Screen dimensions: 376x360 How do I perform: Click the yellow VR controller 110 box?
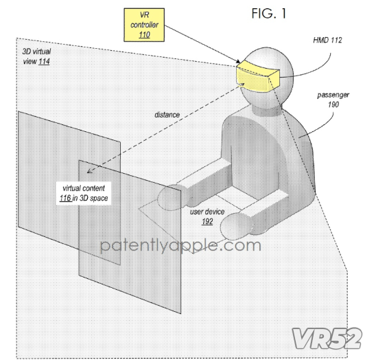click(144, 25)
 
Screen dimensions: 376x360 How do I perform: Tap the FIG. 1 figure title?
click(269, 14)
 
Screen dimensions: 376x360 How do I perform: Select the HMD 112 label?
click(327, 40)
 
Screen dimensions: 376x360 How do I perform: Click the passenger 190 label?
click(333, 100)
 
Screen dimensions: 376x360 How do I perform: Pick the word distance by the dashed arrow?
click(167, 115)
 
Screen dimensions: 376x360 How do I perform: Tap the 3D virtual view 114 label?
click(36, 56)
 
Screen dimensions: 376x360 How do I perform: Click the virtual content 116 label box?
click(84, 193)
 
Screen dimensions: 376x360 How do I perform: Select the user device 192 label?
click(207, 216)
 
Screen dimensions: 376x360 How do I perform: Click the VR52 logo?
click(327, 338)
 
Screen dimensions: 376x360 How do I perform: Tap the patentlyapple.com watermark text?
click(180, 246)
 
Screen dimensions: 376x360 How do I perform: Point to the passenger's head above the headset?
click(270, 58)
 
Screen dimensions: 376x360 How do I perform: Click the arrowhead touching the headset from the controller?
click(237, 61)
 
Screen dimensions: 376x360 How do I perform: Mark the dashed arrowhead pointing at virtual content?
click(89, 171)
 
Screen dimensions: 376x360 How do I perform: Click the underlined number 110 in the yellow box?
click(144, 35)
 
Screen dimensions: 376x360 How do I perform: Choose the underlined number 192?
click(207, 221)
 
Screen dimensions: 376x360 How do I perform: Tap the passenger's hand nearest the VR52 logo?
click(236, 226)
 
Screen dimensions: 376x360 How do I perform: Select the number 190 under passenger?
click(333, 104)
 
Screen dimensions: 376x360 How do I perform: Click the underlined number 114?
click(44, 61)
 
